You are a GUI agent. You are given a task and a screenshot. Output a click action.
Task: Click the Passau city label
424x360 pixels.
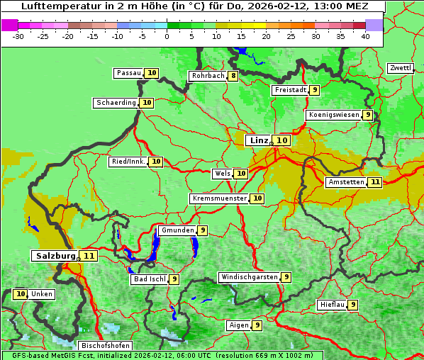(x=129, y=73)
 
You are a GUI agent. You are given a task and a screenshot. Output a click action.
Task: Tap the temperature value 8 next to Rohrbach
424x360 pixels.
(x=233, y=76)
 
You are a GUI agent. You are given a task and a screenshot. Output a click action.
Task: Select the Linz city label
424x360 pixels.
(x=259, y=140)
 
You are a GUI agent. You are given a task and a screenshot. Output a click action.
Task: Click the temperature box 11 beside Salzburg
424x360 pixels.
(x=89, y=256)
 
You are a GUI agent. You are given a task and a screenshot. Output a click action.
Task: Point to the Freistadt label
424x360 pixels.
(x=290, y=90)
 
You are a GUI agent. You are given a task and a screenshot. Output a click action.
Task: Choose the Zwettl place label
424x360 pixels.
(x=400, y=68)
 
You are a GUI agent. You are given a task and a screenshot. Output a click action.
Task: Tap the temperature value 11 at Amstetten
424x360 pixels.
(x=375, y=182)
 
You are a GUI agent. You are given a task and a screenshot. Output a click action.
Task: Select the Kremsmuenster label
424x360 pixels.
(x=219, y=198)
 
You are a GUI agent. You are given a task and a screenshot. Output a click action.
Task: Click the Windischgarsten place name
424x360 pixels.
(x=249, y=277)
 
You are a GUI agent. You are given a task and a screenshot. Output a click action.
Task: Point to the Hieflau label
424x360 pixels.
(x=332, y=305)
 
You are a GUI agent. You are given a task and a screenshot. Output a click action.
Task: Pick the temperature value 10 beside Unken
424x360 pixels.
(x=21, y=294)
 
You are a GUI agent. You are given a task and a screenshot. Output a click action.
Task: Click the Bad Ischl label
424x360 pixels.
(x=149, y=279)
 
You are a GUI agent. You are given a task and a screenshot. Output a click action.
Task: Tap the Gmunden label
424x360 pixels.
(x=177, y=230)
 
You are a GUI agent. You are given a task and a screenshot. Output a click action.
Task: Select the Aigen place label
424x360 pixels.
(x=238, y=325)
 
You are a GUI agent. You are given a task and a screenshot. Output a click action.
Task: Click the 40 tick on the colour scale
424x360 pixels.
(x=365, y=36)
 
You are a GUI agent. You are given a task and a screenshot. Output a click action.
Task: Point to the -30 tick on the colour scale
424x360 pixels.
(x=18, y=36)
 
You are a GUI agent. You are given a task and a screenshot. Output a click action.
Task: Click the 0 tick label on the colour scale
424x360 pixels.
(x=167, y=36)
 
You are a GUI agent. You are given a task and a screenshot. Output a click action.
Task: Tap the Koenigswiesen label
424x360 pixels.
(x=333, y=115)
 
